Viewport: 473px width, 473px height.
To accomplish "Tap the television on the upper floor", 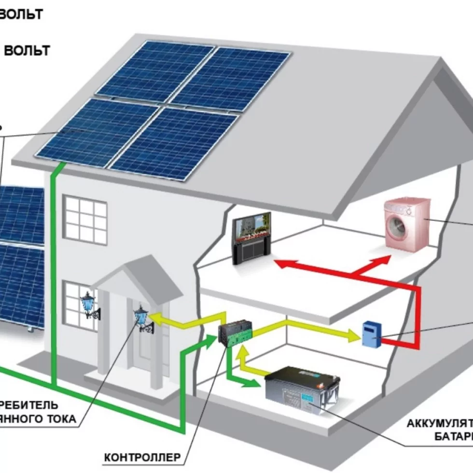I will click(251, 239).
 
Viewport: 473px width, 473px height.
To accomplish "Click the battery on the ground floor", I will click(302, 389).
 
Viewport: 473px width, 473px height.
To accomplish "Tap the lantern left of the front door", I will click(88, 304).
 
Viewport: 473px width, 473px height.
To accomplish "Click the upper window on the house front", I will click(85, 220).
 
